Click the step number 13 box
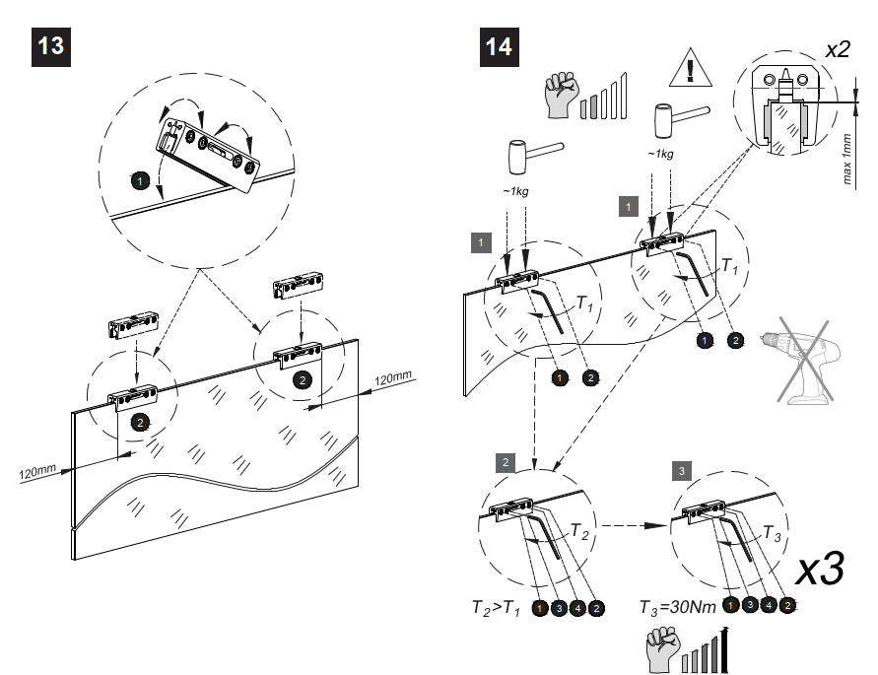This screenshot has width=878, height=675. (x=53, y=46)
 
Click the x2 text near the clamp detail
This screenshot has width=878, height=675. (x=837, y=50)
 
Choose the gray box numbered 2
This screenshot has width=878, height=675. (x=506, y=461)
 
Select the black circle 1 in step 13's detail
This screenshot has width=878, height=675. (x=141, y=179)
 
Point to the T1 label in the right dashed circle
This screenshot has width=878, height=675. (x=728, y=265)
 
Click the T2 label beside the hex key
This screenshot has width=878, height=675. (x=580, y=530)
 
